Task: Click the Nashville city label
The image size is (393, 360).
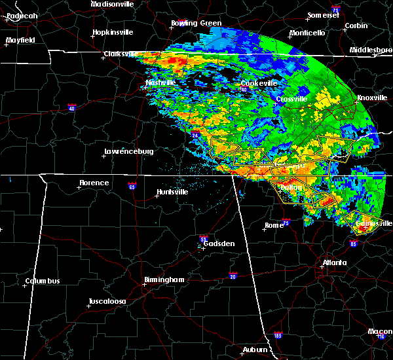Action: click(x=160, y=83)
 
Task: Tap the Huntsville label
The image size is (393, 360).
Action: click(x=172, y=192)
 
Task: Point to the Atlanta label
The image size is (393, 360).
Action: click(x=334, y=263)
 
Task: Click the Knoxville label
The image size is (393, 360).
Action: click(x=371, y=98)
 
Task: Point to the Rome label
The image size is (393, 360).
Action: click(x=274, y=225)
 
